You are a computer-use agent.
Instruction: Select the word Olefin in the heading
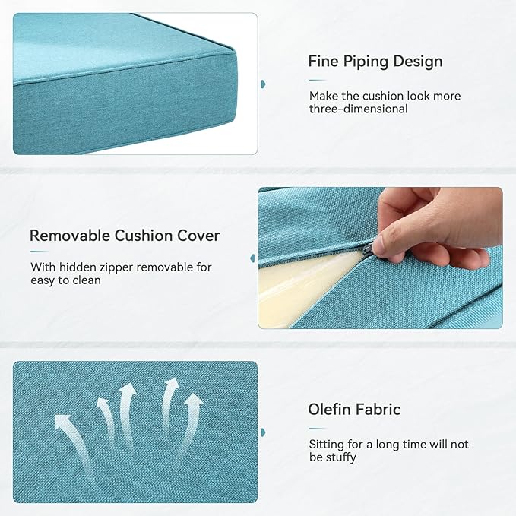[328, 410]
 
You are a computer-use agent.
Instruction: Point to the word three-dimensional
[358, 109]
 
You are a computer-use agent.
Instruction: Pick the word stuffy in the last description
[339, 457]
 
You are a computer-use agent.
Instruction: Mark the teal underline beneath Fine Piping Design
[318, 80]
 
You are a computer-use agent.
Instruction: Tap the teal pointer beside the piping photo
[263, 83]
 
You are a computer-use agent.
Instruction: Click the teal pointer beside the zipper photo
[252, 258]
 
